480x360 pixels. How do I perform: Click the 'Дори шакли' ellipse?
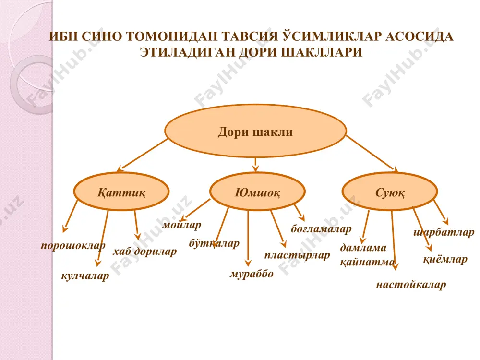pyautogui.click(x=255, y=132)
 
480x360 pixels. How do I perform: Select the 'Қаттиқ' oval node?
pyautogui.click(x=121, y=192)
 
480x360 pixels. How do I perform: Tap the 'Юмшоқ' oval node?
pyautogui.click(x=257, y=192)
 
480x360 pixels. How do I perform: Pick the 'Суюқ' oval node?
pyautogui.click(x=390, y=192)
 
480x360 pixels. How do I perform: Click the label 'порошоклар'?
pyautogui.click(x=73, y=245)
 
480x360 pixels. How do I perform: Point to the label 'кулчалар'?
pyautogui.click(x=85, y=276)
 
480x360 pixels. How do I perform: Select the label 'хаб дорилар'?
pyautogui.click(x=144, y=252)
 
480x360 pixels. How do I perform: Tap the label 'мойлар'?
pyautogui.click(x=181, y=225)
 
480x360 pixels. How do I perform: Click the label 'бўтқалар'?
pyautogui.click(x=214, y=243)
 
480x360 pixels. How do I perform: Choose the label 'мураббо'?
pyautogui.click(x=252, y=274)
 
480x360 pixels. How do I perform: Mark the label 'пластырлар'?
pyautogui.click(x=297, y=255)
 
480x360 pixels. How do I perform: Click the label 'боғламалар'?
pyautogui.click(x=321, y=228)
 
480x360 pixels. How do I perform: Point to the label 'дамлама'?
pyautogui.click(x=363, y=247)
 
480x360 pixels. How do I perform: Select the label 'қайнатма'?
pyautogui.click(x=367, y=263)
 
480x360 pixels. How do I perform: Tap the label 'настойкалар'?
pyautogui.click(x=411, y=285)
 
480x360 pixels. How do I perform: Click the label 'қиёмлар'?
pyautogui.click(x=445, y=260)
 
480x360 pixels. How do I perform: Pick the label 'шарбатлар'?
pyautogui.click(x=444, y=232)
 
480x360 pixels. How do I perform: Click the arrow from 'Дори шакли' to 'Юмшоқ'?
pyautogui.click(x=256, y=165)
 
